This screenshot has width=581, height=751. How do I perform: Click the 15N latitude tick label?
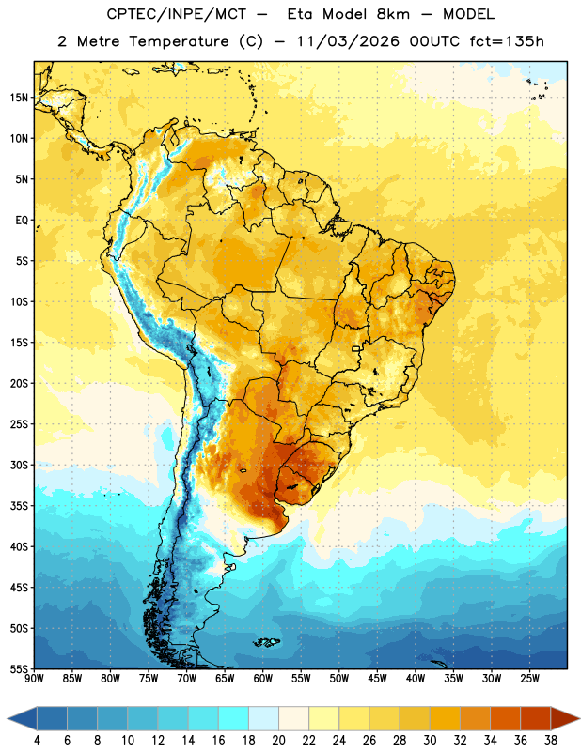point(19,98)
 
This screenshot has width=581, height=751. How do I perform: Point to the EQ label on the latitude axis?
point(22,221)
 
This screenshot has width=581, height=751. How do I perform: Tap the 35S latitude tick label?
point(19,506)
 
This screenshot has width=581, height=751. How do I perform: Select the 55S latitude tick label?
point(19,668)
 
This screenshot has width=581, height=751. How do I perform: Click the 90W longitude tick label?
point(35,678)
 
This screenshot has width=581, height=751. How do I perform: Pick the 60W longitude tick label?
point(263,678)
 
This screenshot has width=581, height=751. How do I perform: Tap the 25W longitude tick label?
point(529,678)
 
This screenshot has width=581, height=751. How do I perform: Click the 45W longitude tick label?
point(377,678)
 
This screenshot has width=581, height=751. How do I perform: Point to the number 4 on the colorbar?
point(37,741)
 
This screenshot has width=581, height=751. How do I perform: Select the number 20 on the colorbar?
point(278,741)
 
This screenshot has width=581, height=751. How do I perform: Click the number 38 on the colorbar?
point(551,741)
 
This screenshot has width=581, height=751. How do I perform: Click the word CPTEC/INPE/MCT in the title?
point(177,14)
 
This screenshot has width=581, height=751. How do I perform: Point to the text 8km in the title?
point(393,14)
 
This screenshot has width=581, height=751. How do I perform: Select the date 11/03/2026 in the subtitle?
point(347,41)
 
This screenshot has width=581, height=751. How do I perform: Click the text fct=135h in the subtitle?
point(507,41)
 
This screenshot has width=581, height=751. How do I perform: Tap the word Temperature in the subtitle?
point(179,42)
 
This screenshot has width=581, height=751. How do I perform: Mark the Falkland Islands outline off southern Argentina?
point(267,642)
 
